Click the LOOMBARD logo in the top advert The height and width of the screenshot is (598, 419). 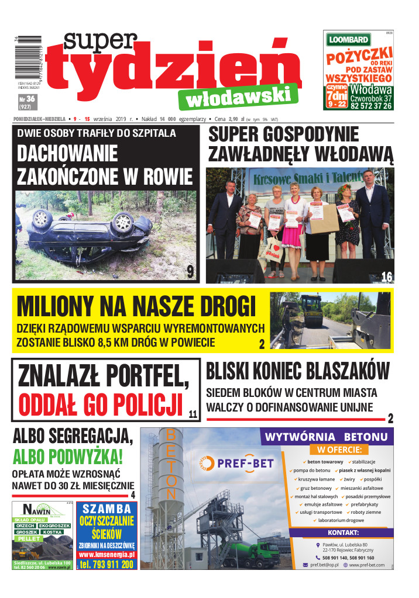coord(349,40)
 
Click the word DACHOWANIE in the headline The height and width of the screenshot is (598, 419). coord(67,154)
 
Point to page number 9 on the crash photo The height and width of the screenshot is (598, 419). coord(190,271)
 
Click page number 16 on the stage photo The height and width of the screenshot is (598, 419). coord(386,276)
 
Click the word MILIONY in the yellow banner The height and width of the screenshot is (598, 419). coord(55,307)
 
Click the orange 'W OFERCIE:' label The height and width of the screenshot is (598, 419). coord(339,450)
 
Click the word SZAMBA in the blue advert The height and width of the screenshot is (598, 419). coord(107,508)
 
